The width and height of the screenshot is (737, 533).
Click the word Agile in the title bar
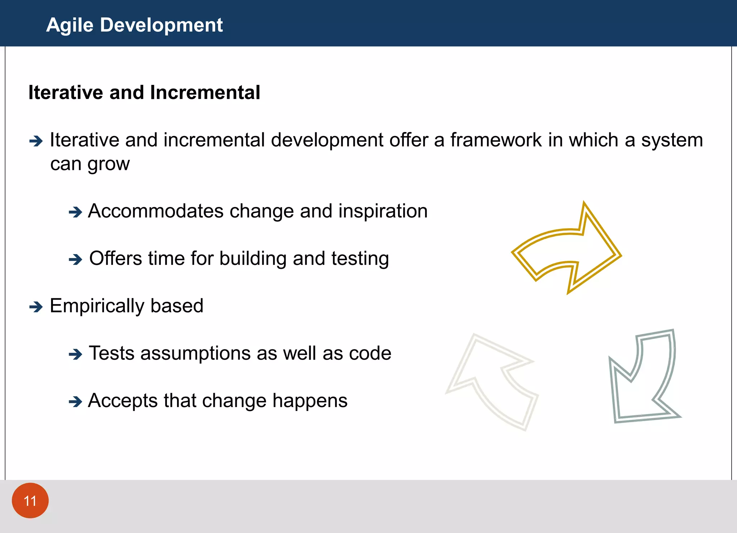(x=70, y=25)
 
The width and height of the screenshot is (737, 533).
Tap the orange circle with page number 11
(x=30, y=501)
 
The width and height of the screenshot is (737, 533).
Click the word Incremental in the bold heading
(x=205, y=92)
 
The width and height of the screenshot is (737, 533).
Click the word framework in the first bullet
(x=496, y=140)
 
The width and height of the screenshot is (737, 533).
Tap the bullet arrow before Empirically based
(x=36, y=307)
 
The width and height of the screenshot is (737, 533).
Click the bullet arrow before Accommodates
(x=75, y=212)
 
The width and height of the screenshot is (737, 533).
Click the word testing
(x=360, y=259)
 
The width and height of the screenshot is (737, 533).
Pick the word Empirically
(x=97, y=306)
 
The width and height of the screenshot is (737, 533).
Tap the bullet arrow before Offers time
(x=75, y=259)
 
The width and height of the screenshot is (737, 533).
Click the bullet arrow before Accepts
(x=75, y=401)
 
